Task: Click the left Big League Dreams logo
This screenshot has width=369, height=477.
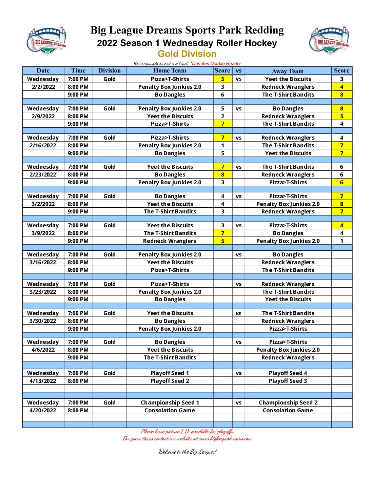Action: pos(46,41)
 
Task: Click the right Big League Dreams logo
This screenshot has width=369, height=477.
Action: pos(329,41)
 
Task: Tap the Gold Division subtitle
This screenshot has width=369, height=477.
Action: pos(187,54)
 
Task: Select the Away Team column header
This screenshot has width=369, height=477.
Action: pos(288,71)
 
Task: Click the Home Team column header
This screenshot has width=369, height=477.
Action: pos(170,70)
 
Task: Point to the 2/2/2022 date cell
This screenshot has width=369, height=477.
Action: pos(43,87)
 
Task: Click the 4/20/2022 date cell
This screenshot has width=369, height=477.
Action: pos(43,410)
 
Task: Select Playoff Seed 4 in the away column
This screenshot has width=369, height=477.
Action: pos(288,373)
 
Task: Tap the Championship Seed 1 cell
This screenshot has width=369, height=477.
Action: pos(170,402)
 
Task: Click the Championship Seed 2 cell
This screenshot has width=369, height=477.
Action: pos(288,402)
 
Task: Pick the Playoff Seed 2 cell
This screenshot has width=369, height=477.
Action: pos(170,381)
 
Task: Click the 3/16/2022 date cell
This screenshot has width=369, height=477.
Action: pos(43,262)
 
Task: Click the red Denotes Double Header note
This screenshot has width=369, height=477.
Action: pos(216,63)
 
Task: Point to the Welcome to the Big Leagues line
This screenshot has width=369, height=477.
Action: pos(187,452)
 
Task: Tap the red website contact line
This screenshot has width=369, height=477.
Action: pos(187,439)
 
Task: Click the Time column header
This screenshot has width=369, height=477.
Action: pos(78,70)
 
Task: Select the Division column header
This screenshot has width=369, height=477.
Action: pos(109,70)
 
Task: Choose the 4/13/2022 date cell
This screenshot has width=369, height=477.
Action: pos(43,381)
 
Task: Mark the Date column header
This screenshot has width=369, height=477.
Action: pos(43,70)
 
